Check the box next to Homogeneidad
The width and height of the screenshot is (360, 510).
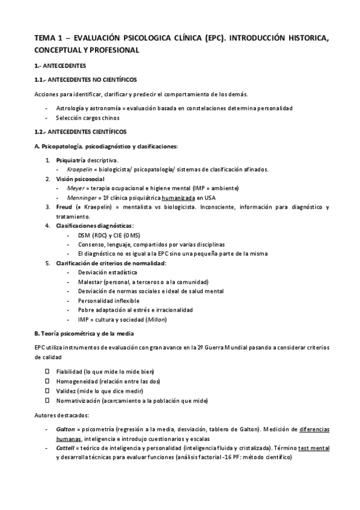click(47, 381)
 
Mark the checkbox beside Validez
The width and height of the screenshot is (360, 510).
click(47, 391)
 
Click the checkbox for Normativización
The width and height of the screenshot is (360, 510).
click(47, 400)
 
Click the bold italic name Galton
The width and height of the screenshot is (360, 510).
click(66, 429)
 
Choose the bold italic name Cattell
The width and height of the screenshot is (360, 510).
click(66, 448)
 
